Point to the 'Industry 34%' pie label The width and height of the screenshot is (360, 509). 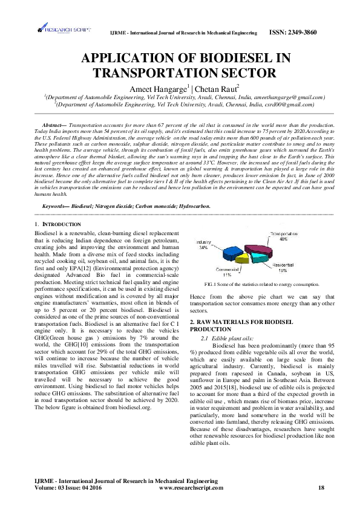click(x=204, y=244)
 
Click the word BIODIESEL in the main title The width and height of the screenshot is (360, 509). click(x=234, y=59)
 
